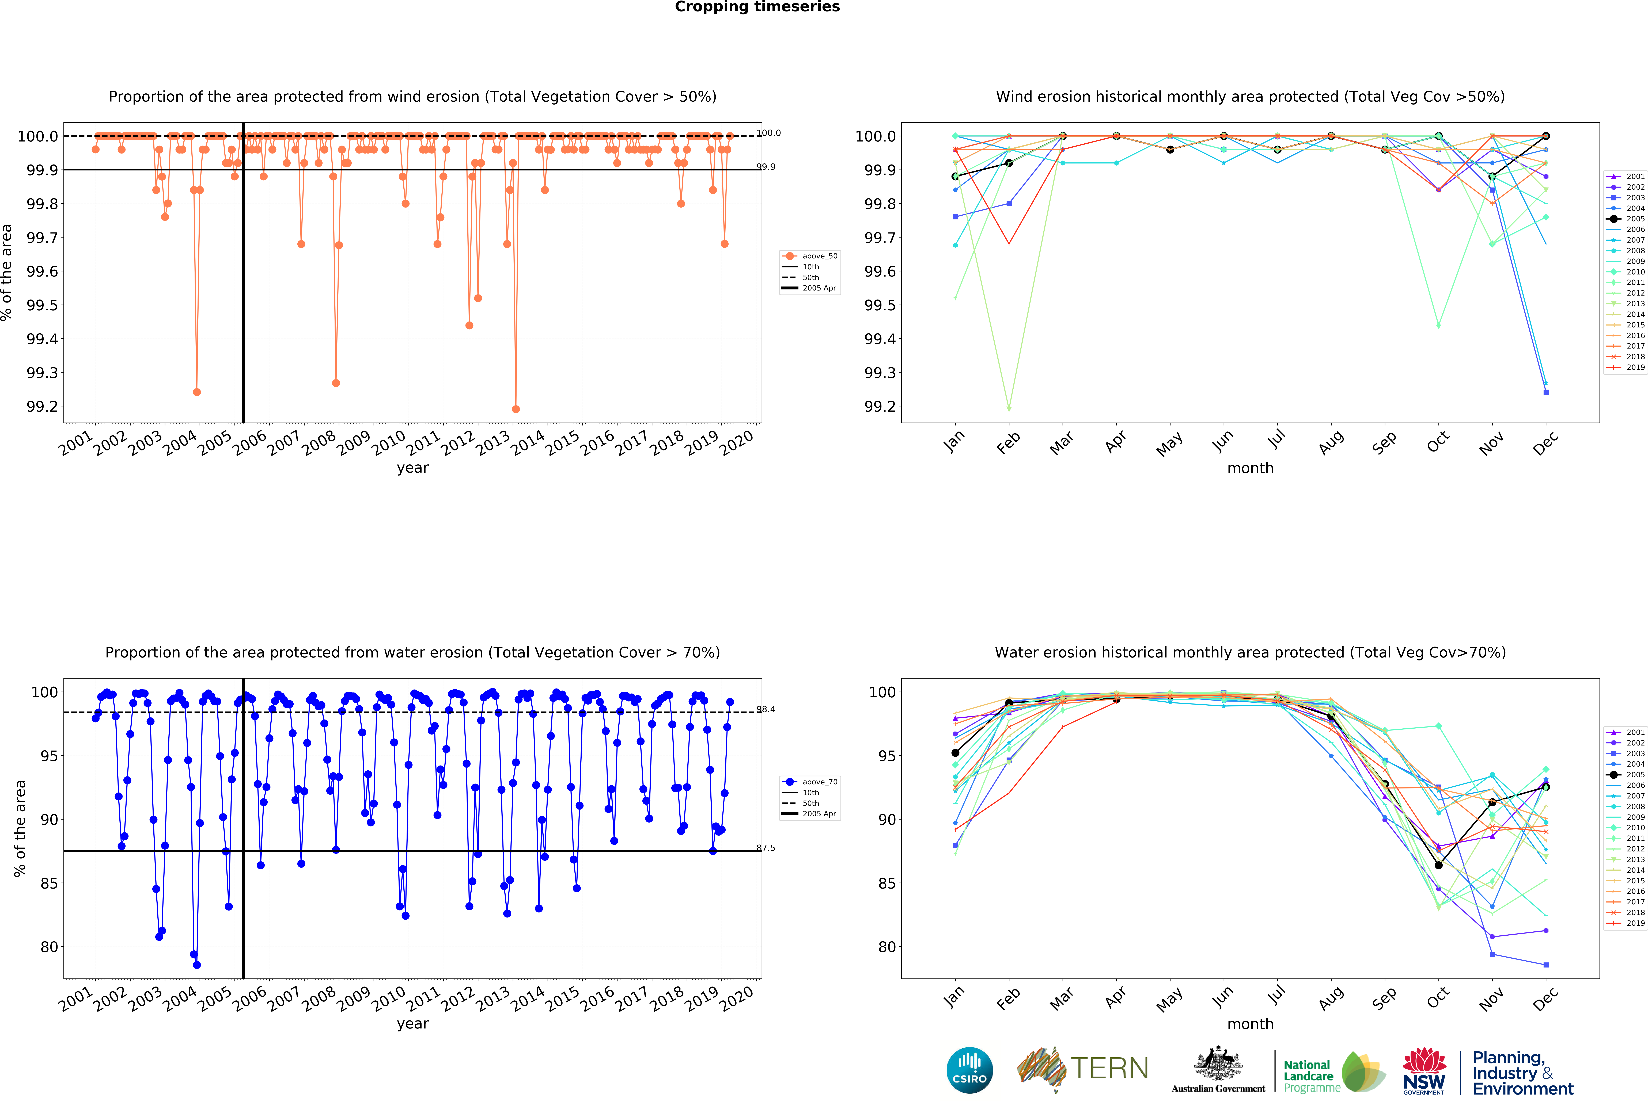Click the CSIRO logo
(x=969, y=1070)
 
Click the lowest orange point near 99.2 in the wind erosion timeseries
(x=516, y=409)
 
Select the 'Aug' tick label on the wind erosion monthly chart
(x=1331, y=442)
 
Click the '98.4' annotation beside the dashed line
(x=766, y=709)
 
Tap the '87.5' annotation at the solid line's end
(x=766, y=848)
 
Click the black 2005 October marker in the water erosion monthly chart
(x=1438, y=865)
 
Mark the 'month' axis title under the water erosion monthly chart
(x=1250, y=1024)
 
